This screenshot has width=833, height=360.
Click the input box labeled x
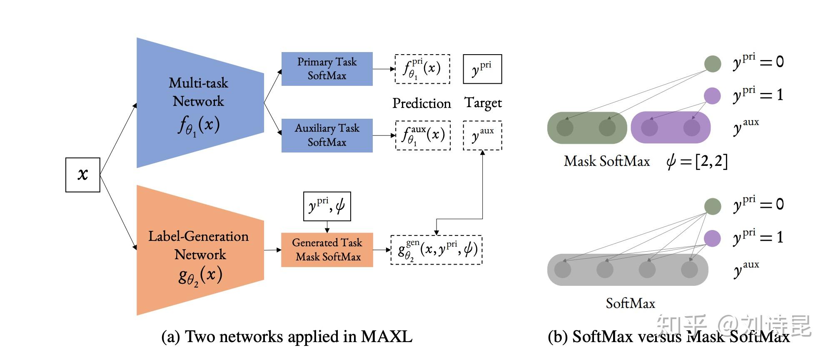[82, 175]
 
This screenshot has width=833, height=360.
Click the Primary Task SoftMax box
[327, 69]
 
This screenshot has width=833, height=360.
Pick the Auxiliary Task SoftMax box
[327, 135]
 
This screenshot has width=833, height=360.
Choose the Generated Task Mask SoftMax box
[327, 250]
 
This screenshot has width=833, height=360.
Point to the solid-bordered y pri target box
[482, 69]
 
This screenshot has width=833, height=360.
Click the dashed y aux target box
[482, 136]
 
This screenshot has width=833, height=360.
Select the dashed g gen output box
[436, 250]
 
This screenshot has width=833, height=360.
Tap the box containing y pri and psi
[327, 206]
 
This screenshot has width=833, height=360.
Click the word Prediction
[421, 103]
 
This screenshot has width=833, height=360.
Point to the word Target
[483, 103]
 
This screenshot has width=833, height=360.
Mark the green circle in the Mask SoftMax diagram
[712, 64]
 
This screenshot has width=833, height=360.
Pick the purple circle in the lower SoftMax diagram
[712, 239]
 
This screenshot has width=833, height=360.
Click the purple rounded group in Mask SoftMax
[671, 127]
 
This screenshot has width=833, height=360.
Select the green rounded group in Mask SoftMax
[586, 127]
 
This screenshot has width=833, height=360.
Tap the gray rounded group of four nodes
[627, 270]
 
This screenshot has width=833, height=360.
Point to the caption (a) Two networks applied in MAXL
[287, 337]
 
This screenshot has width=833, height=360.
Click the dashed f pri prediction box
[422, 69]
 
